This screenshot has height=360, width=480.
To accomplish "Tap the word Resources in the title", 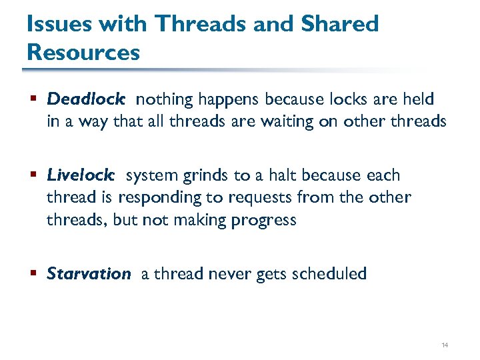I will pos(83,52).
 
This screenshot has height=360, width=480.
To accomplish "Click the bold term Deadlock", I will pos(85,100).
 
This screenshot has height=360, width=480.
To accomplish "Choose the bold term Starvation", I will pos(89,274).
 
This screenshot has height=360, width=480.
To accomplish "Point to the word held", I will pos(419,100).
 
